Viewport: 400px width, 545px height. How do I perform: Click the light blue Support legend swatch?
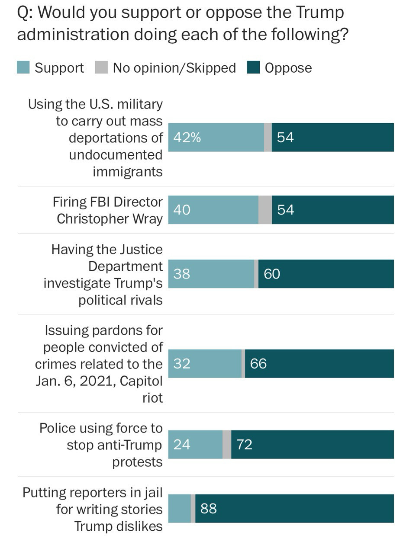click(x=23, y=68)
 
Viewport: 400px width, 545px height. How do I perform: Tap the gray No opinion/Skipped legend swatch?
click(x=101, y=68)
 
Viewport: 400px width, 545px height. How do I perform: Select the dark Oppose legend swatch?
click(x=253, y=68)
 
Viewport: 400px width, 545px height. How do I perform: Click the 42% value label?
click(x=187, y=138)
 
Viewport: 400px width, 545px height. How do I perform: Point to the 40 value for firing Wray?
click(x=182, y=210)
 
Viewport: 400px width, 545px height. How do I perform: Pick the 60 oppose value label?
click(x=272, y=274)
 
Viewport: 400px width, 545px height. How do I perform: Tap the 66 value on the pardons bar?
click(x=258, y=363)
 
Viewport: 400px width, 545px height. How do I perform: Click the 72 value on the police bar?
click(x=245, y=445)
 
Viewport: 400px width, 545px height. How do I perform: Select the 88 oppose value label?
click(x=208, y=508)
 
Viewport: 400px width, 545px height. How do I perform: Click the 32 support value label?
click(x=182, y=363)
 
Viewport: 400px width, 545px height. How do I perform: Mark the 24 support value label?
click(x=182, y=445)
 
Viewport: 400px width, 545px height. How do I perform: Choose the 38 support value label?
click(x=182, y=274)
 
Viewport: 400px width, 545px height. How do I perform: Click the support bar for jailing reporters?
click(x=179, y=508)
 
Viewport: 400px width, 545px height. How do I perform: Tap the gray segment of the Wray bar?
click(x=265, y=210)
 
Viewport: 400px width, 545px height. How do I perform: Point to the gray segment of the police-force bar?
click(x=227, y=445)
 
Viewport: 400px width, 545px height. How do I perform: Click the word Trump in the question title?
click(x=320, y=13)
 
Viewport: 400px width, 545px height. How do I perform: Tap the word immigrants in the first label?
click(x=128, y=172)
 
